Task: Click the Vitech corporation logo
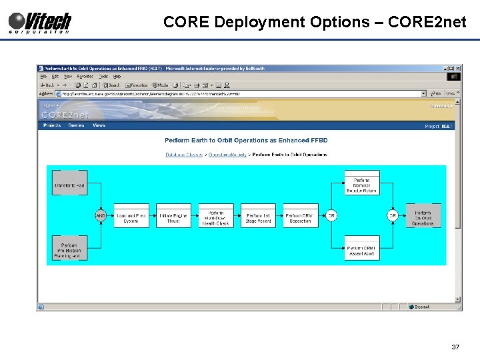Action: [x=40, y=22]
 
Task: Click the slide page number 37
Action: [x=455, y=347]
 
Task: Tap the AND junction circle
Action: [x=101, y=216]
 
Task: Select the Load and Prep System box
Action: [x=131, y=216]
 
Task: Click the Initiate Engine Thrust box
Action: [x=173, y=216]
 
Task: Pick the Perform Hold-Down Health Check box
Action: [x=215, y=216]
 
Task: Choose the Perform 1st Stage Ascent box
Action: [x=258, y=216]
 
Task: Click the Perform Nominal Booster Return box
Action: [x=362, y=183]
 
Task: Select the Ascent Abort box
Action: [x=362, y=249]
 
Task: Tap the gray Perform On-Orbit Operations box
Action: [x=423, y=216]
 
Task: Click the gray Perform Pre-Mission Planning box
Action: [x=69, y=248]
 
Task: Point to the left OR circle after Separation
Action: [x=331, y=216]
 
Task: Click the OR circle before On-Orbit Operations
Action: [x=393, y=216]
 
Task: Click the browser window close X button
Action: [x=457, y=68]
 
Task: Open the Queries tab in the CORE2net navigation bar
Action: [x=76, y=125]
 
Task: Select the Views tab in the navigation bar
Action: [x=99, y=125]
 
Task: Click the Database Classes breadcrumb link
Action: [x=185, y=155]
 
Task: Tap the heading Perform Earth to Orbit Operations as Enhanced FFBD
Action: [x=246, y=141]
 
